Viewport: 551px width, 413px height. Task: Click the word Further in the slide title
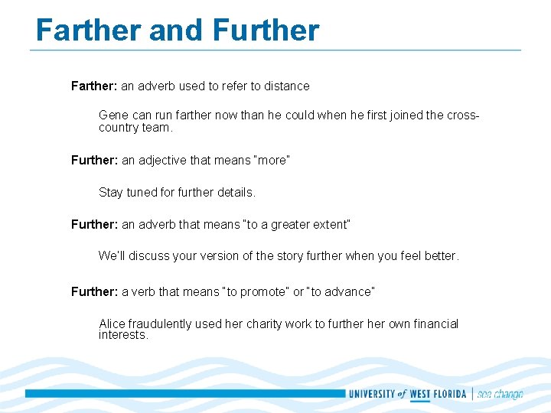tap(266, 31)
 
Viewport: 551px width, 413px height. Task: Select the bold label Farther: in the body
tap(94, 86)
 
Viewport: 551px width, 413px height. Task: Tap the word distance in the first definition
tap(287, 86)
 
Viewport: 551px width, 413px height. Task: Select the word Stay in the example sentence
tap(111, 193)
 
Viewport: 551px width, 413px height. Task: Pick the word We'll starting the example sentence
tap(112, 256)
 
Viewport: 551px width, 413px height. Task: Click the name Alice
tap(112, 324)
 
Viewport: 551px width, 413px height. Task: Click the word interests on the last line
tap(123, 336)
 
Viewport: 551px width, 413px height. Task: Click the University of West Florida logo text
tap(408, 394)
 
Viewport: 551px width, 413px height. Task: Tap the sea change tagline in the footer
tap(500, 394)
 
